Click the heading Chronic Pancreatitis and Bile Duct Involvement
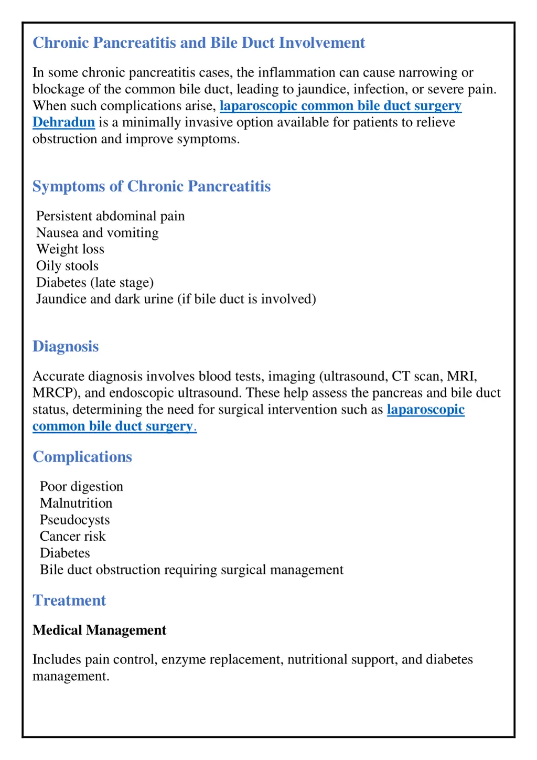tap(198, 42)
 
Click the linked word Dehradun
tap(63, 122)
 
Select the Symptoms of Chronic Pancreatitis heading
tap(152, 186)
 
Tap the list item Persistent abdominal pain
tap(110, 216)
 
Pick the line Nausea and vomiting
tap(97, 233)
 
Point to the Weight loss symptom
tap(70, 249)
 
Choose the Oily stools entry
tap(67, 266)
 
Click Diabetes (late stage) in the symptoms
tap(95, 283)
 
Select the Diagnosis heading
tap(66, 346)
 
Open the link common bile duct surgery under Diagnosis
tap(113, 426)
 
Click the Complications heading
tap(82, 457)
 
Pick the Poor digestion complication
tap(81, 487)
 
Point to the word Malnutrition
tap(76, 504)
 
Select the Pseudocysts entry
tap(74, 520)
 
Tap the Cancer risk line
tap(72, 537)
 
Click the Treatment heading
tap(69, 600)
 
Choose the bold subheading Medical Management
tap(99, 630)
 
